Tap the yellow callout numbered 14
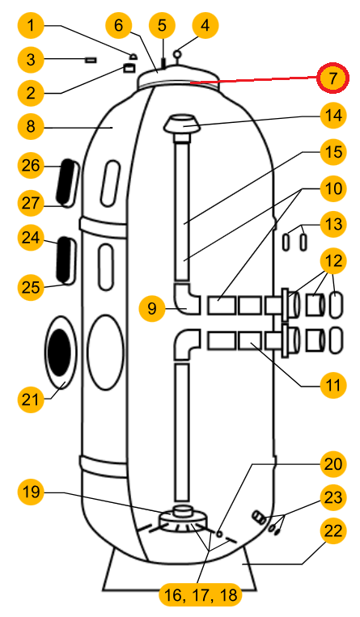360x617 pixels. [331, 116]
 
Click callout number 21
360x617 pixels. [32, 399]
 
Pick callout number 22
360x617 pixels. [331, 531]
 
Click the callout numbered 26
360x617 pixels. [32, 166]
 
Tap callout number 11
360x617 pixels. [331, 385]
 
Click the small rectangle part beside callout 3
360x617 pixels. [90, 59]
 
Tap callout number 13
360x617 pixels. [331, 224]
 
